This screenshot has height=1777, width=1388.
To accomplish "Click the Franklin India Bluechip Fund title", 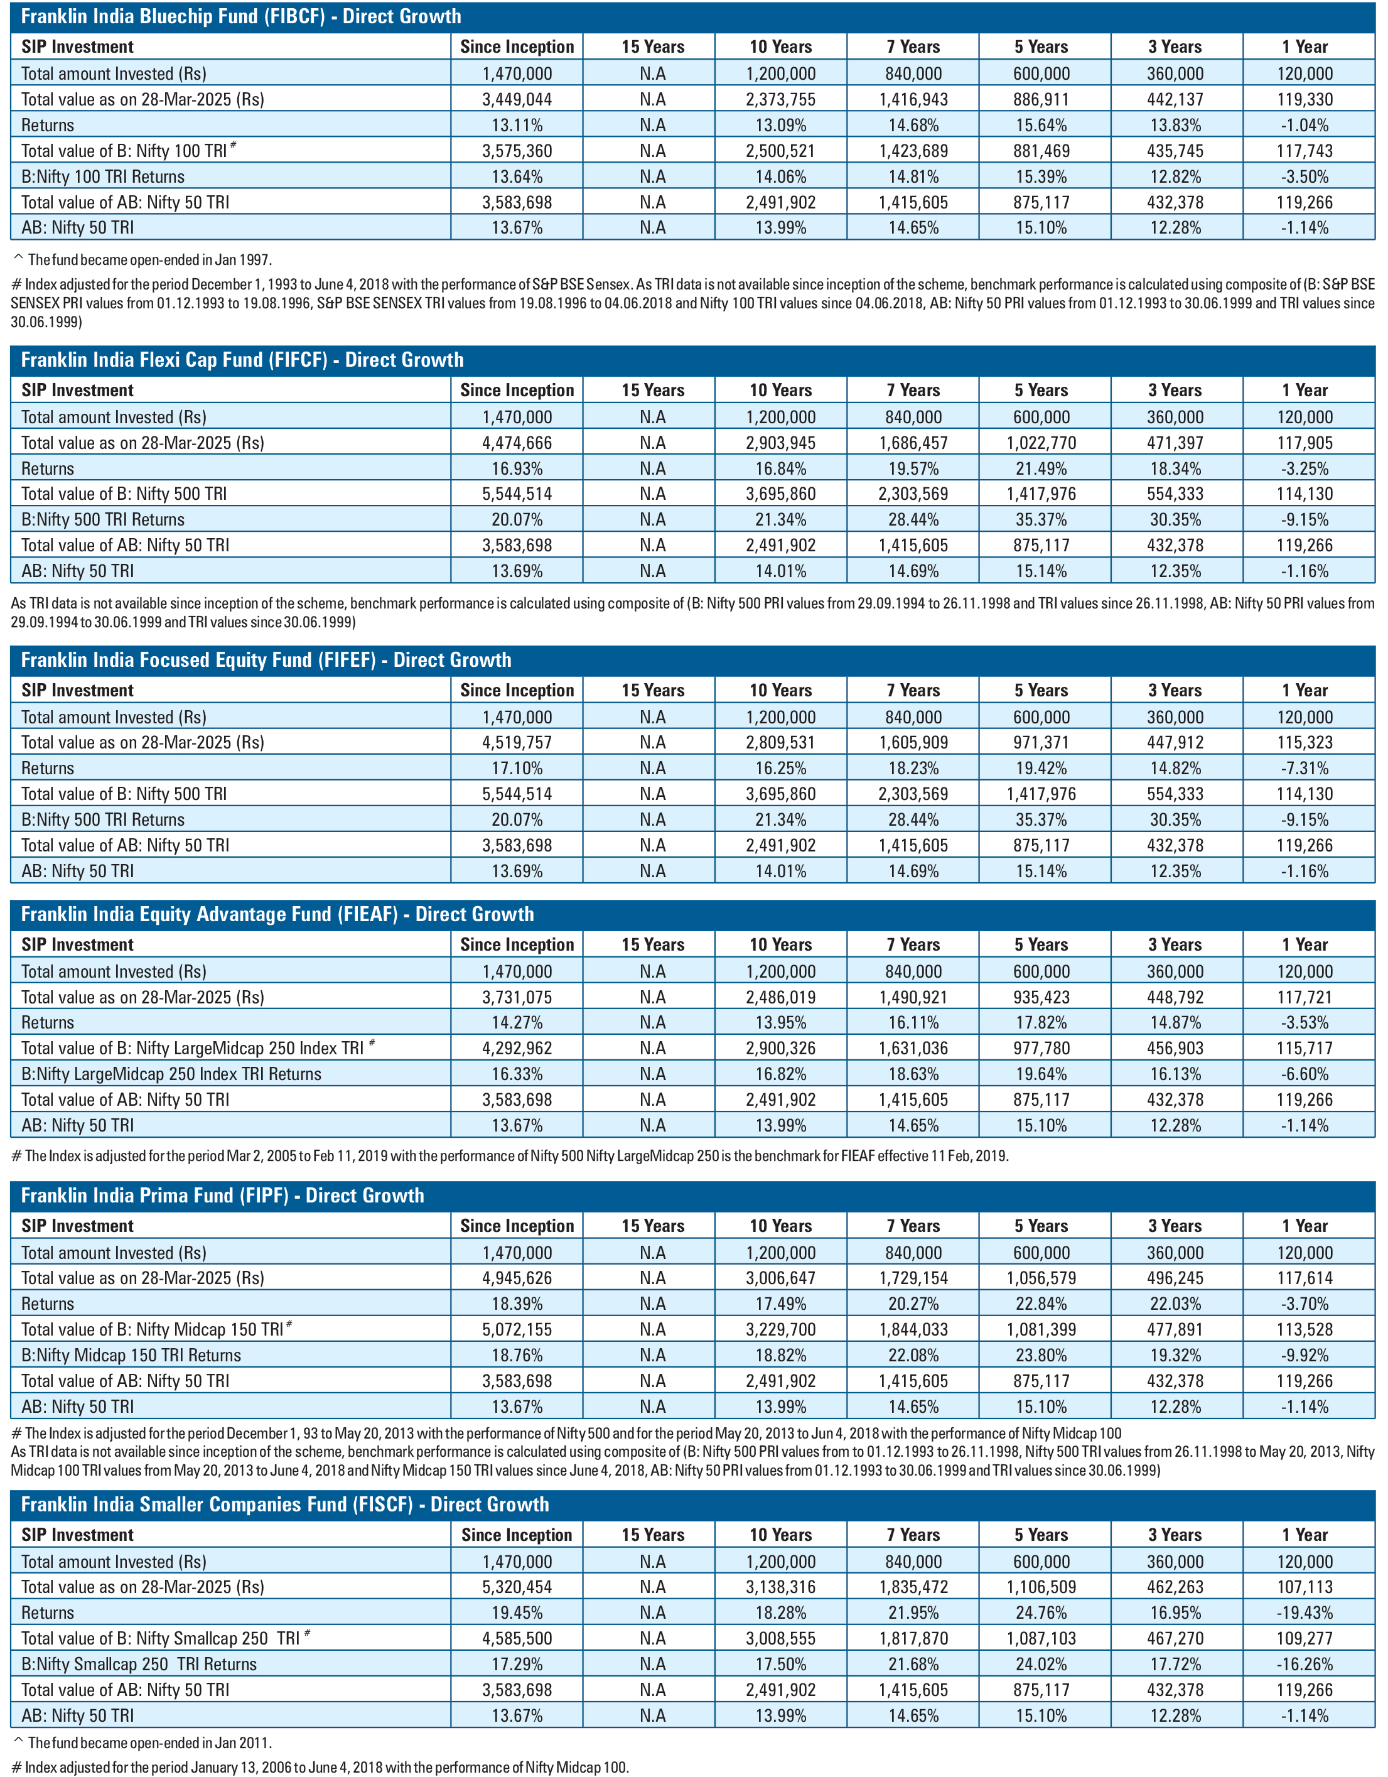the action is pyautogui.click(x=241, y=16).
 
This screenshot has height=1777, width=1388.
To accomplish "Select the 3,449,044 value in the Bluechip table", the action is pyautogui.click(x=517, y=99).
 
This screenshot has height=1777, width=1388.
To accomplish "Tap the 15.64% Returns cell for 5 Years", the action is pyautogui.click(x=1041, y=126).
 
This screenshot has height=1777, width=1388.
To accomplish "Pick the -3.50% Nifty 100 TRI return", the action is pyautogui.click(x=1305, y=176).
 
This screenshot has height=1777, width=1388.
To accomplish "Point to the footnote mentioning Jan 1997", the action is pyautogui.click(x=143, y=261).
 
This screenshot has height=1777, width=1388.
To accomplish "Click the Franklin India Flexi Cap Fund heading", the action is pyautogui.click(x=242, y=360).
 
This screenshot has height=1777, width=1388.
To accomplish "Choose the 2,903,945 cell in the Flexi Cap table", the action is pyautogui.click(x=780, y=443).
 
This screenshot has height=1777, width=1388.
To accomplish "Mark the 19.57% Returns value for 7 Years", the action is pyautogui.click(x=913, y=468).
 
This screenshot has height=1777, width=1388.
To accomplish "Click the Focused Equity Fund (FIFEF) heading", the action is pyautogui.click(x=266, y=660).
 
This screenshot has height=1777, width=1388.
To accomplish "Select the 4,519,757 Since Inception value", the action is pyautogui.click(x=517, y=742).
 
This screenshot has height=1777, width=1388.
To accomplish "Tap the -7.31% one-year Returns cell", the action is pyautogui.click(x=1305, y=768).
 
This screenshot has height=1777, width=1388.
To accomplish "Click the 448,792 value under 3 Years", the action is pyautogui.click(x=1175, y=997).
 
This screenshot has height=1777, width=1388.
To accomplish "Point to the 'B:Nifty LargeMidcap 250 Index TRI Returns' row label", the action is pyautogui.click(x=171, y=1074).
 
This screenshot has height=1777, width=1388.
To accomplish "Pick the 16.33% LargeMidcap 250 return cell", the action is pyautogui.click(x=517, y=1074).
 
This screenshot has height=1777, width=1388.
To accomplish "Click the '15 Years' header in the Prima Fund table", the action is pyautogui.click(x=652, y=1225).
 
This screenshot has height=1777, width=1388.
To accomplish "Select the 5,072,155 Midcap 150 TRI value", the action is pyautogui.click(x=517, y=1329).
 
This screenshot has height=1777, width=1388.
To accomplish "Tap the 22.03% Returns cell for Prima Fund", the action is pyautogui.click(x=1175, y=1304).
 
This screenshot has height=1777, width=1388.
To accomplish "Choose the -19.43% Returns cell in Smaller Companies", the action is pyautogui.click(x=1305, y=1612).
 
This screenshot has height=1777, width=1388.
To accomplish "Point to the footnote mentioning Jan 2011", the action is pyautogui.click(x=143, y=1743).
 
